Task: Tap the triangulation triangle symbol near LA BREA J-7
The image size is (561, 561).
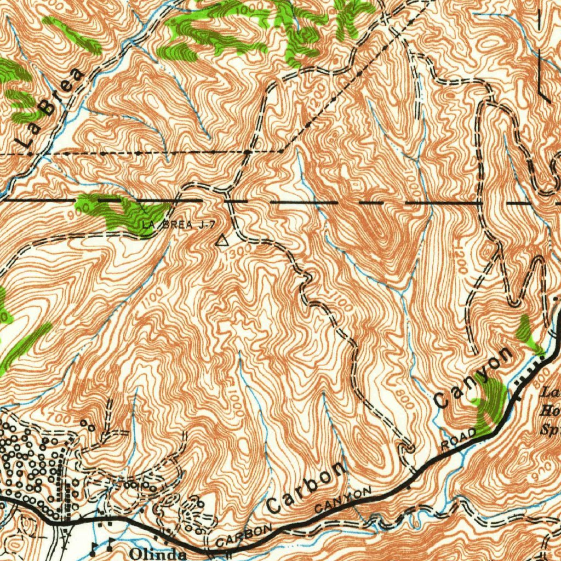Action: click(x=221, y=240)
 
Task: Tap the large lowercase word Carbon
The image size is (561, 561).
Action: click(x=307, y=487)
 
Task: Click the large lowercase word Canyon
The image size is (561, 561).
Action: click(x=474, y=377)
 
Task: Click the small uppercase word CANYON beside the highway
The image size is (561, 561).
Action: click(x=343, y=500)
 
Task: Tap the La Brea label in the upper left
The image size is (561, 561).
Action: click(x=51, y=106)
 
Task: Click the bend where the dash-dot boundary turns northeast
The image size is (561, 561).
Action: click(x=280, y=150)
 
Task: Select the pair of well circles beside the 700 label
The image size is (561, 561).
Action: click(x=88, y=425)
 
